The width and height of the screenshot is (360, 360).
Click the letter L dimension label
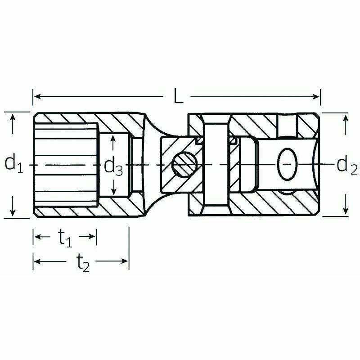pyautogui.click(x=178, y=96)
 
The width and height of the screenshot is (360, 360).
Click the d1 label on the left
pyautogui.click(x=14, y=163)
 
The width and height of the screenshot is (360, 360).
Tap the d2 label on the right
pyautogui.click(x=347, y=166)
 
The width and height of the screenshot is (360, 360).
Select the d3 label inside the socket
pyautogui.click(x=113, y=167)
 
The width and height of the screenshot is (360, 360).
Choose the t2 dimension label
pyautogui.click(x=83, y=263)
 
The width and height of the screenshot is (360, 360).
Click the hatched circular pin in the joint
pyautogui.click(x=185, y=164)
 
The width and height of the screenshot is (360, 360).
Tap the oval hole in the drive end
pyautogui.click(x=288, y=164)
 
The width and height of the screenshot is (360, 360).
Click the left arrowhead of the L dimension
pyautogui.click(x=37, y=96)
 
